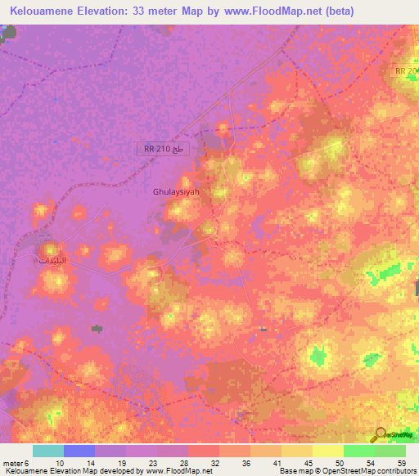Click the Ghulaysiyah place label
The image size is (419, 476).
tap(176, 191)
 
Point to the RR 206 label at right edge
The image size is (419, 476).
tap(406, 72)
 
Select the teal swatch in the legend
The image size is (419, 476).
tap(47, 451)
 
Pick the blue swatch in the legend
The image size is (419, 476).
tap(79, 451)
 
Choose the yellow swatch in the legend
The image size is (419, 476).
tap(328, 451)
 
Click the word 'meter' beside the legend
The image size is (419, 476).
tap(10, 463)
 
